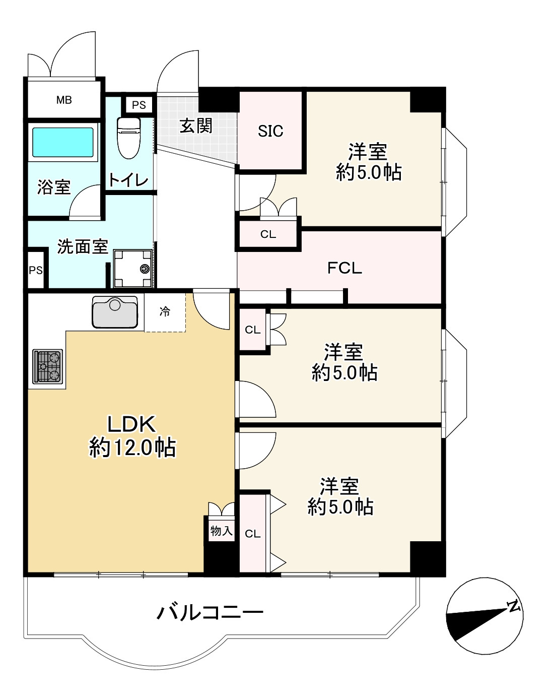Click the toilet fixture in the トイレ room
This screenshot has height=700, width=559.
click(129, 138)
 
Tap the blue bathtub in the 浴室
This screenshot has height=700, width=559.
click(63, 142)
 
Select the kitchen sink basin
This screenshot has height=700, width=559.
click(115, 311)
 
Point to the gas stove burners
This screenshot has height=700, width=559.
click(47, 366)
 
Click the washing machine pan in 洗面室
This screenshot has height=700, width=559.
click(132, 268)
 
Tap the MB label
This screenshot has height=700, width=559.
click(64, 100)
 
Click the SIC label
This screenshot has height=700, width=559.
click(270, 131)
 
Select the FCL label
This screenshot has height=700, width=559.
click(344, 268)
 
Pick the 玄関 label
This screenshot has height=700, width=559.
click(196, 125)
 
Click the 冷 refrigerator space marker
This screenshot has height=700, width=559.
click(165, 311)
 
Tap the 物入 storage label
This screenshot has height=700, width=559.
click(221, 531)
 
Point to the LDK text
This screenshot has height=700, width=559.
click(131, 424)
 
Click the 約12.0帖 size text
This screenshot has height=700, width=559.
click(132, 448)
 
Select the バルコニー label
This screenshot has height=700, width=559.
click(210, 613)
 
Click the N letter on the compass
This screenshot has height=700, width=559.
click(514, 606)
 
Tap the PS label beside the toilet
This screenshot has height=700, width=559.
click(139, 105)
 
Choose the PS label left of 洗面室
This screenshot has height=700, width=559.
click(36, 270)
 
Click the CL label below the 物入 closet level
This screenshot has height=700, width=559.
click(252, 534)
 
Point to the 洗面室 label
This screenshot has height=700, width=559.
click(83, 246)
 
